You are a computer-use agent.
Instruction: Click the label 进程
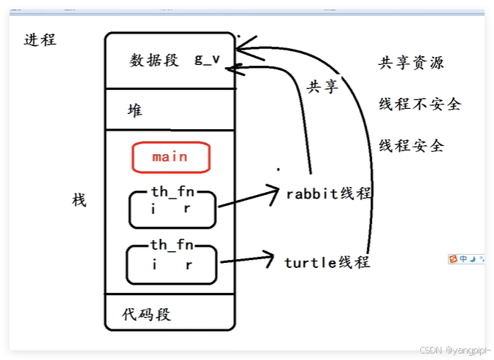tap(40, 40)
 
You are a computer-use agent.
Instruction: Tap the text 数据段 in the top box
tap(154, 61)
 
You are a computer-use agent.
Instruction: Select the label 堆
tap(135, 111)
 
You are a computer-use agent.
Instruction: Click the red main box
tap(170, 156)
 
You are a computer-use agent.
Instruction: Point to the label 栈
tap(79, 199)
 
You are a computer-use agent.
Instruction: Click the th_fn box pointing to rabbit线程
tap(172, 209)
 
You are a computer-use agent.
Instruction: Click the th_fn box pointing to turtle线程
tap(172, 264)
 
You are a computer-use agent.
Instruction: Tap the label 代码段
tap(147, 315)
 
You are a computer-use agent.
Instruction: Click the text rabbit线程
tap(329, 194)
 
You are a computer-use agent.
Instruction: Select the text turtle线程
tap(327, 261)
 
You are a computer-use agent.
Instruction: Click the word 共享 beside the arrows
tap(322, 87)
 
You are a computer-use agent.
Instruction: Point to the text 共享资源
tap(411, 63)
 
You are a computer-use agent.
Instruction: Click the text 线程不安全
tap(419, 104)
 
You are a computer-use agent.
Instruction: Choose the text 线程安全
tap(411, 145)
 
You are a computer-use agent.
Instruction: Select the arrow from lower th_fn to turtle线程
tap(248, 260)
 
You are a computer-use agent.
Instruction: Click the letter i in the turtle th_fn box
tap(154, 265)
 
